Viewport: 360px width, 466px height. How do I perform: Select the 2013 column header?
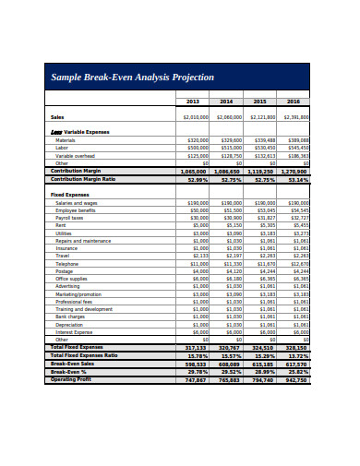tap(192, 101)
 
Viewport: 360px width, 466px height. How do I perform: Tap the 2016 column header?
tap(294, 101)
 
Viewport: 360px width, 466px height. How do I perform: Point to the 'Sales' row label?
tap(57, 117)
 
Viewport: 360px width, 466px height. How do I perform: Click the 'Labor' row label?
tap(62, 147)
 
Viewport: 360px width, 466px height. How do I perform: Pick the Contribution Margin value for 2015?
tap(261, 171)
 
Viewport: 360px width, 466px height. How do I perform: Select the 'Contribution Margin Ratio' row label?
tap(83, 179)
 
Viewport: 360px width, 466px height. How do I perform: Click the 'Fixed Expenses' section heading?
tap(69, 195)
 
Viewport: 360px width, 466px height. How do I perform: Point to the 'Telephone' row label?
tap(66, 263)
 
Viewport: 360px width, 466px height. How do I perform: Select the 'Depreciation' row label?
tap(69, 324)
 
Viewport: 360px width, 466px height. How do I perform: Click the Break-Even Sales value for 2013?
tap(195, 364)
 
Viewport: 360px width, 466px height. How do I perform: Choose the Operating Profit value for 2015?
tap(261, 379)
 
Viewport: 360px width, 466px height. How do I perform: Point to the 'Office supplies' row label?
tap(72, 278)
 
